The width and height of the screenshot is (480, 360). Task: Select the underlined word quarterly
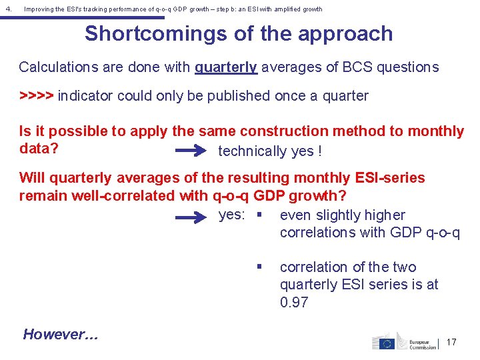tap(226, 67)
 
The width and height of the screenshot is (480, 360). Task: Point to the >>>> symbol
tap(37, 96)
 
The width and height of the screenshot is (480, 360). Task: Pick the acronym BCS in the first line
tap(358, 67)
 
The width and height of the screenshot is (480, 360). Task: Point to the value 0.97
tap(295, 302)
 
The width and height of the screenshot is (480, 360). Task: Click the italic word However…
tap(61, 335)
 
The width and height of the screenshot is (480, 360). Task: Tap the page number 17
tap(451, 342)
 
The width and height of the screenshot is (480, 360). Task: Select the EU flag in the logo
tap(383, 343)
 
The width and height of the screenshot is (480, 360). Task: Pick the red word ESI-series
tap(388, 178)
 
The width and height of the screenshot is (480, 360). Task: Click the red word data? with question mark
tap(39, 148)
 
